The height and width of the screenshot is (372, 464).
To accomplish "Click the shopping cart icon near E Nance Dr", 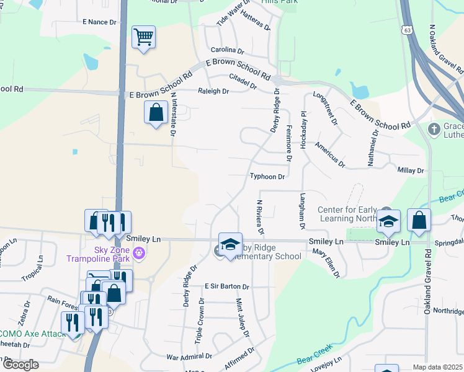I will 143,38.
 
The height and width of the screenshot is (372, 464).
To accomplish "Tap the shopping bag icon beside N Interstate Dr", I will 156,113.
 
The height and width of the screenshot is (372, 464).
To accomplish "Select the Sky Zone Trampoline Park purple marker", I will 139,252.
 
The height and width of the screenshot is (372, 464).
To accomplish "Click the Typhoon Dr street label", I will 267,177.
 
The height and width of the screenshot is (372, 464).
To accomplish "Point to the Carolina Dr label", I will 228,50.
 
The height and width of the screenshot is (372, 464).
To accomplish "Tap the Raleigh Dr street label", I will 213,91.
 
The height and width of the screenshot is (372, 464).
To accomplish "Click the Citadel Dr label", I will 243,81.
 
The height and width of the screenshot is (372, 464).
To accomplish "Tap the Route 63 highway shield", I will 407,29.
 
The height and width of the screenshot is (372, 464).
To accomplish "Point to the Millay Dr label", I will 411,170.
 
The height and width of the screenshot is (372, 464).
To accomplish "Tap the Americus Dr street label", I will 329,153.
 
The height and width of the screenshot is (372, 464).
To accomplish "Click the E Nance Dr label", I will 99,22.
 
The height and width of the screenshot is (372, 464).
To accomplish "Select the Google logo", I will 20,365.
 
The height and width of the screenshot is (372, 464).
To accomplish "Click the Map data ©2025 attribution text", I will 437,367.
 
